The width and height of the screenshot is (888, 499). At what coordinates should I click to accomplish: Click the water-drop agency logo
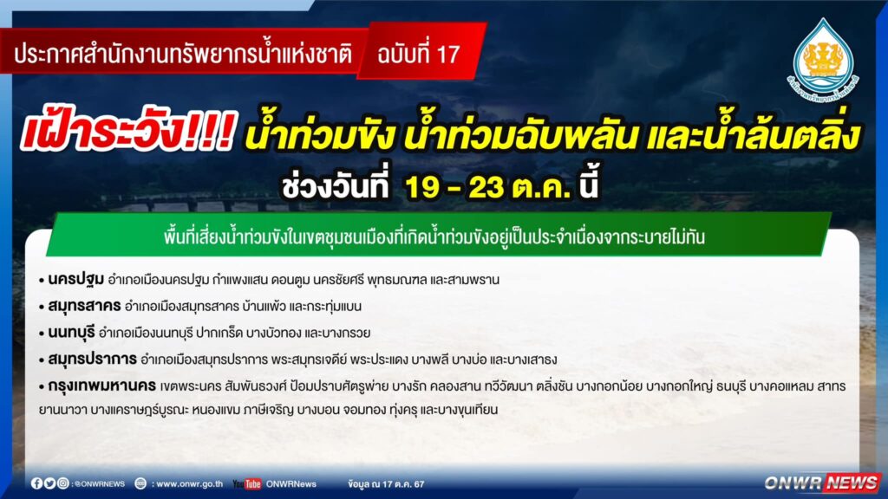tap(824, 60)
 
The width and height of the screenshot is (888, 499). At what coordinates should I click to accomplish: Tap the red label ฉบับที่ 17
tap(419, 55)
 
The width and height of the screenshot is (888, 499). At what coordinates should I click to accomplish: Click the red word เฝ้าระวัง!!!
tap(127, 133)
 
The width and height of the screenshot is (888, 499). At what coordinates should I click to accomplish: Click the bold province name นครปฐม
tap(76, 279)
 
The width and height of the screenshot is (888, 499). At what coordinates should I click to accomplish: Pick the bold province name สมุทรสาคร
tap(84, 306)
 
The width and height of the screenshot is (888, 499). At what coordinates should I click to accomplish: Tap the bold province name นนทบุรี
tap(71, 332)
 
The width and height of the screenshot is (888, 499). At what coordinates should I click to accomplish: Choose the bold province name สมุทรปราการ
tap(92, 359)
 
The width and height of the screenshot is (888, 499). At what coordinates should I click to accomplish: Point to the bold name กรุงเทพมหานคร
tap(102, 386)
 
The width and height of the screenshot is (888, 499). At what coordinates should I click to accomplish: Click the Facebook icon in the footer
tap(36, 483)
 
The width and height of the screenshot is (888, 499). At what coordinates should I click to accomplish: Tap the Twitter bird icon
tap(49, 483)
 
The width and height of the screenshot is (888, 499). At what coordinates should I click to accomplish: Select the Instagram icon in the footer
tap(62, 483)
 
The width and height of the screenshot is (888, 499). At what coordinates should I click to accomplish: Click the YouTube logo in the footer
tap(247, 483)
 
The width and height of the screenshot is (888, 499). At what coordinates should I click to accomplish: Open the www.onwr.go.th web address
tap(189, 483)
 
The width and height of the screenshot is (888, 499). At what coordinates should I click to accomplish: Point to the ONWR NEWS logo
tap(822, 483)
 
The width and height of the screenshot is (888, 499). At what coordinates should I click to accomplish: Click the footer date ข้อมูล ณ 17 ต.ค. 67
tap(386, 483)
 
